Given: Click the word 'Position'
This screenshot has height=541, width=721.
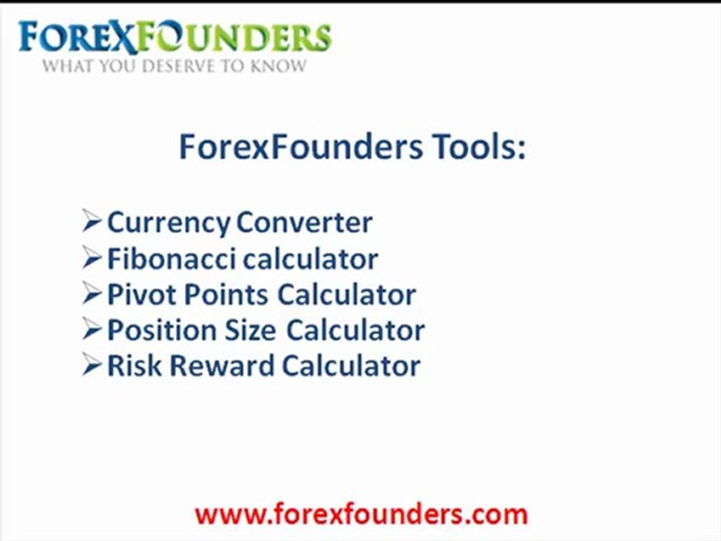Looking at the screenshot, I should click(x=161, y=330).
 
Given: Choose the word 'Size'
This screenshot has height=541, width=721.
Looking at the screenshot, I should click(x=250, y=330).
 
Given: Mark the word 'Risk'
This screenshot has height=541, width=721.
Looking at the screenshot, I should click(x=134, y=366).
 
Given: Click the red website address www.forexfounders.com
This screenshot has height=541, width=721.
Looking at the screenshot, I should click(x=361, y=514).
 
